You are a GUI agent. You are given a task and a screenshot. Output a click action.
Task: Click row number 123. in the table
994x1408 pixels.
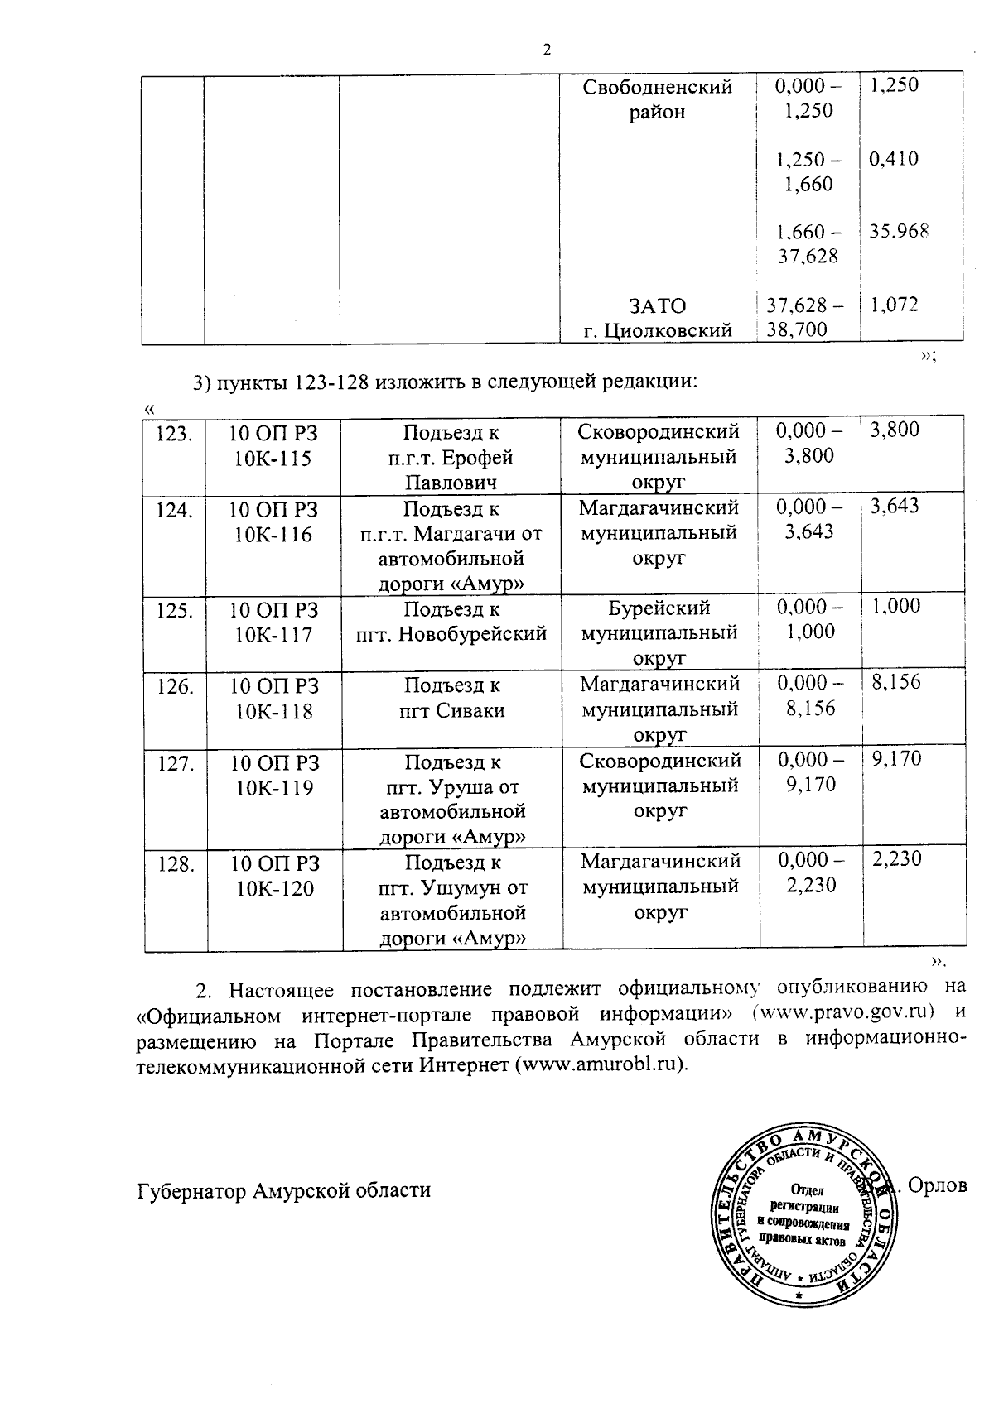pos(175,433)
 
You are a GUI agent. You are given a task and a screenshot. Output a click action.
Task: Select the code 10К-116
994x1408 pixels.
pos(273,535)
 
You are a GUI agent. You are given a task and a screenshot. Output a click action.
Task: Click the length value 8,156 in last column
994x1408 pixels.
pos(895,683)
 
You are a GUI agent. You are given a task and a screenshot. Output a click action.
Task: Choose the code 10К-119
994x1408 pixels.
pos(274,788)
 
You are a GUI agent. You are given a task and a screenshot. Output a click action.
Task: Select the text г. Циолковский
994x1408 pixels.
pos(658,331)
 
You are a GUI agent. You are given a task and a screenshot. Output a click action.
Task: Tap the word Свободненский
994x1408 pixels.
pos(658,87)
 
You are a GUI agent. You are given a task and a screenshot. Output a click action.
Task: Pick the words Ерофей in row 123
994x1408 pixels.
pos(478,458)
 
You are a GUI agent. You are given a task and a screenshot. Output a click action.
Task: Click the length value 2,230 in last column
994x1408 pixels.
pos(895,859)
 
